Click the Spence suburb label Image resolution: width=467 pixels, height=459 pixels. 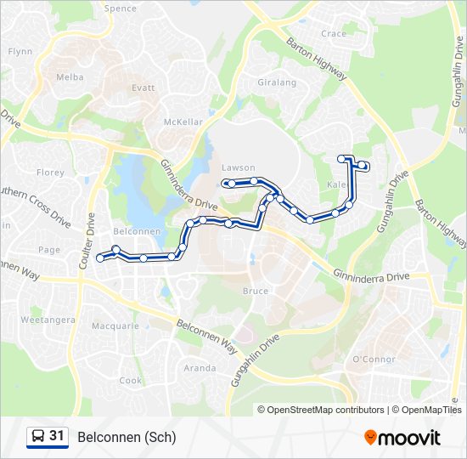(x=120, y=8)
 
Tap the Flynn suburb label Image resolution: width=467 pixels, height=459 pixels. (x=20, y=51)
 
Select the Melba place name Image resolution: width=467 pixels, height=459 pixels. (x=70, y=76)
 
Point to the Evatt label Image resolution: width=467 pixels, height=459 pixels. (x=143, y=88)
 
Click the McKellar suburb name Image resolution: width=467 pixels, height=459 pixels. (x=183, y=122)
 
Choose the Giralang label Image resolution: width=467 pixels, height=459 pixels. (x=277, y=82)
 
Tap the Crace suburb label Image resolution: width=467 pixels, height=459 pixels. (x=334, y=34)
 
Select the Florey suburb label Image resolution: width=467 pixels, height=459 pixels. (x=51, y=173)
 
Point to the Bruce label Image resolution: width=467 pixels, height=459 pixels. (x=256, y=291)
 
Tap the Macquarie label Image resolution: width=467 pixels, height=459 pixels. (x=115, y=326)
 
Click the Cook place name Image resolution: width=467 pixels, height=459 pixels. (x=131, y=381)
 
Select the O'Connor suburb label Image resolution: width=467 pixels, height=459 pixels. (x=374, y=360)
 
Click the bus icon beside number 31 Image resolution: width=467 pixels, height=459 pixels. (x=38, y=437)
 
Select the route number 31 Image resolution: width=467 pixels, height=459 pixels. (x=57, y=436)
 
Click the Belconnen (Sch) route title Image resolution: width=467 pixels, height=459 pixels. (x=127, y=438)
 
